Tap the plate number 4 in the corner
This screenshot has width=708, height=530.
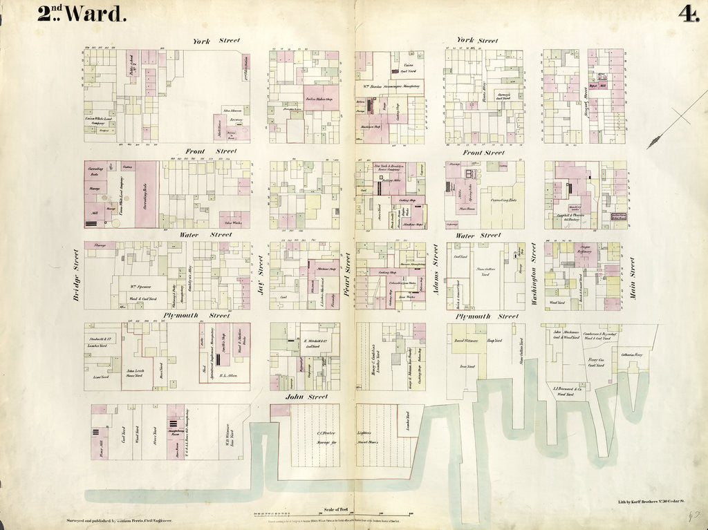pos(687,14)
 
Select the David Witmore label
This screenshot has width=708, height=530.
pos(468,341)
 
